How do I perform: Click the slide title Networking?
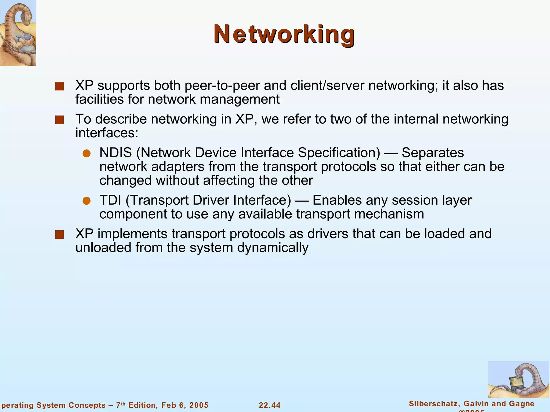pyautogui.click(x=284, y=34)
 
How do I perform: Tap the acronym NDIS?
pyautogui.click(x=115, y=153)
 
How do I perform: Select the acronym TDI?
pyautogui.click(x=110, y=200)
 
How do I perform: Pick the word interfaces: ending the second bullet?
pyautogui.click(x=107, y=133)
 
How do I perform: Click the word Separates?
pyautogui.click(x=433, y=153)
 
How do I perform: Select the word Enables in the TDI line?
pyautogui.click(x=337, y=200)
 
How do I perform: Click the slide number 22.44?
pyautogui.click(x=270, y=405)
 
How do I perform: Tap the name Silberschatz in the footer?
pyautogui.click(x=432, y=404)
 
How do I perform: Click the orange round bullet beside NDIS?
pyautogui.click(x=86, y=153)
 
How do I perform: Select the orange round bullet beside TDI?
pyautogui.click(x=86, y=201)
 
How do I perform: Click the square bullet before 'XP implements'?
pyautogui.click(x=59, y=234)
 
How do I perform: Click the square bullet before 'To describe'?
pyautogui.click(x=59, y=120)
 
